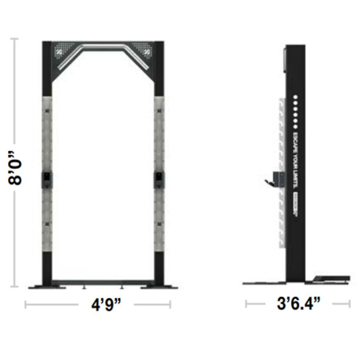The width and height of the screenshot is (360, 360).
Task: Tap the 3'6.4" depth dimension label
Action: click(297, 305)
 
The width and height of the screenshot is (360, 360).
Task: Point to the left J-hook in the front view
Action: click(47, 179)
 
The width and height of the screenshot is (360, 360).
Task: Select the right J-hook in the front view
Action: click(159, 179)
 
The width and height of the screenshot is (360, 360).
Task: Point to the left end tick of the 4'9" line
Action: click(26, 305)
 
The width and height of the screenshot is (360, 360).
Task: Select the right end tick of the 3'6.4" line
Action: click(350, 305)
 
